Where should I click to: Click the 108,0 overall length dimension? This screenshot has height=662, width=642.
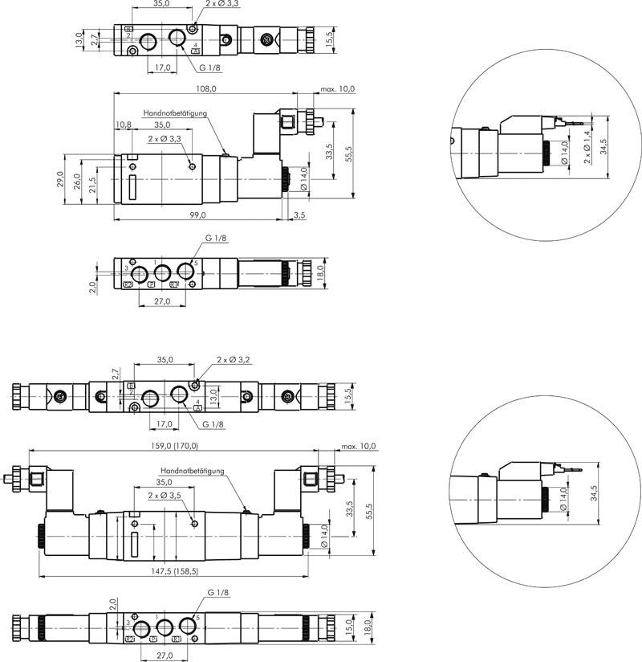click(207, 89)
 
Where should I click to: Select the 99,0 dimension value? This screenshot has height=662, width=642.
click(198, 215)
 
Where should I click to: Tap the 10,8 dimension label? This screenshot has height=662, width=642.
click(123, 125)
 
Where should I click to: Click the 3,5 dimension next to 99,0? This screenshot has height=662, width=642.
click(299, 215)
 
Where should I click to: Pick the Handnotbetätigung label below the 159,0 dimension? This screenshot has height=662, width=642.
click(192, 471)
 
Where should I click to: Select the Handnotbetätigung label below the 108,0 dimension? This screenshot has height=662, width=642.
click(175, 113)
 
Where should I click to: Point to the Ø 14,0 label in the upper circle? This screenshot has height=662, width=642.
click(564, 153)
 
